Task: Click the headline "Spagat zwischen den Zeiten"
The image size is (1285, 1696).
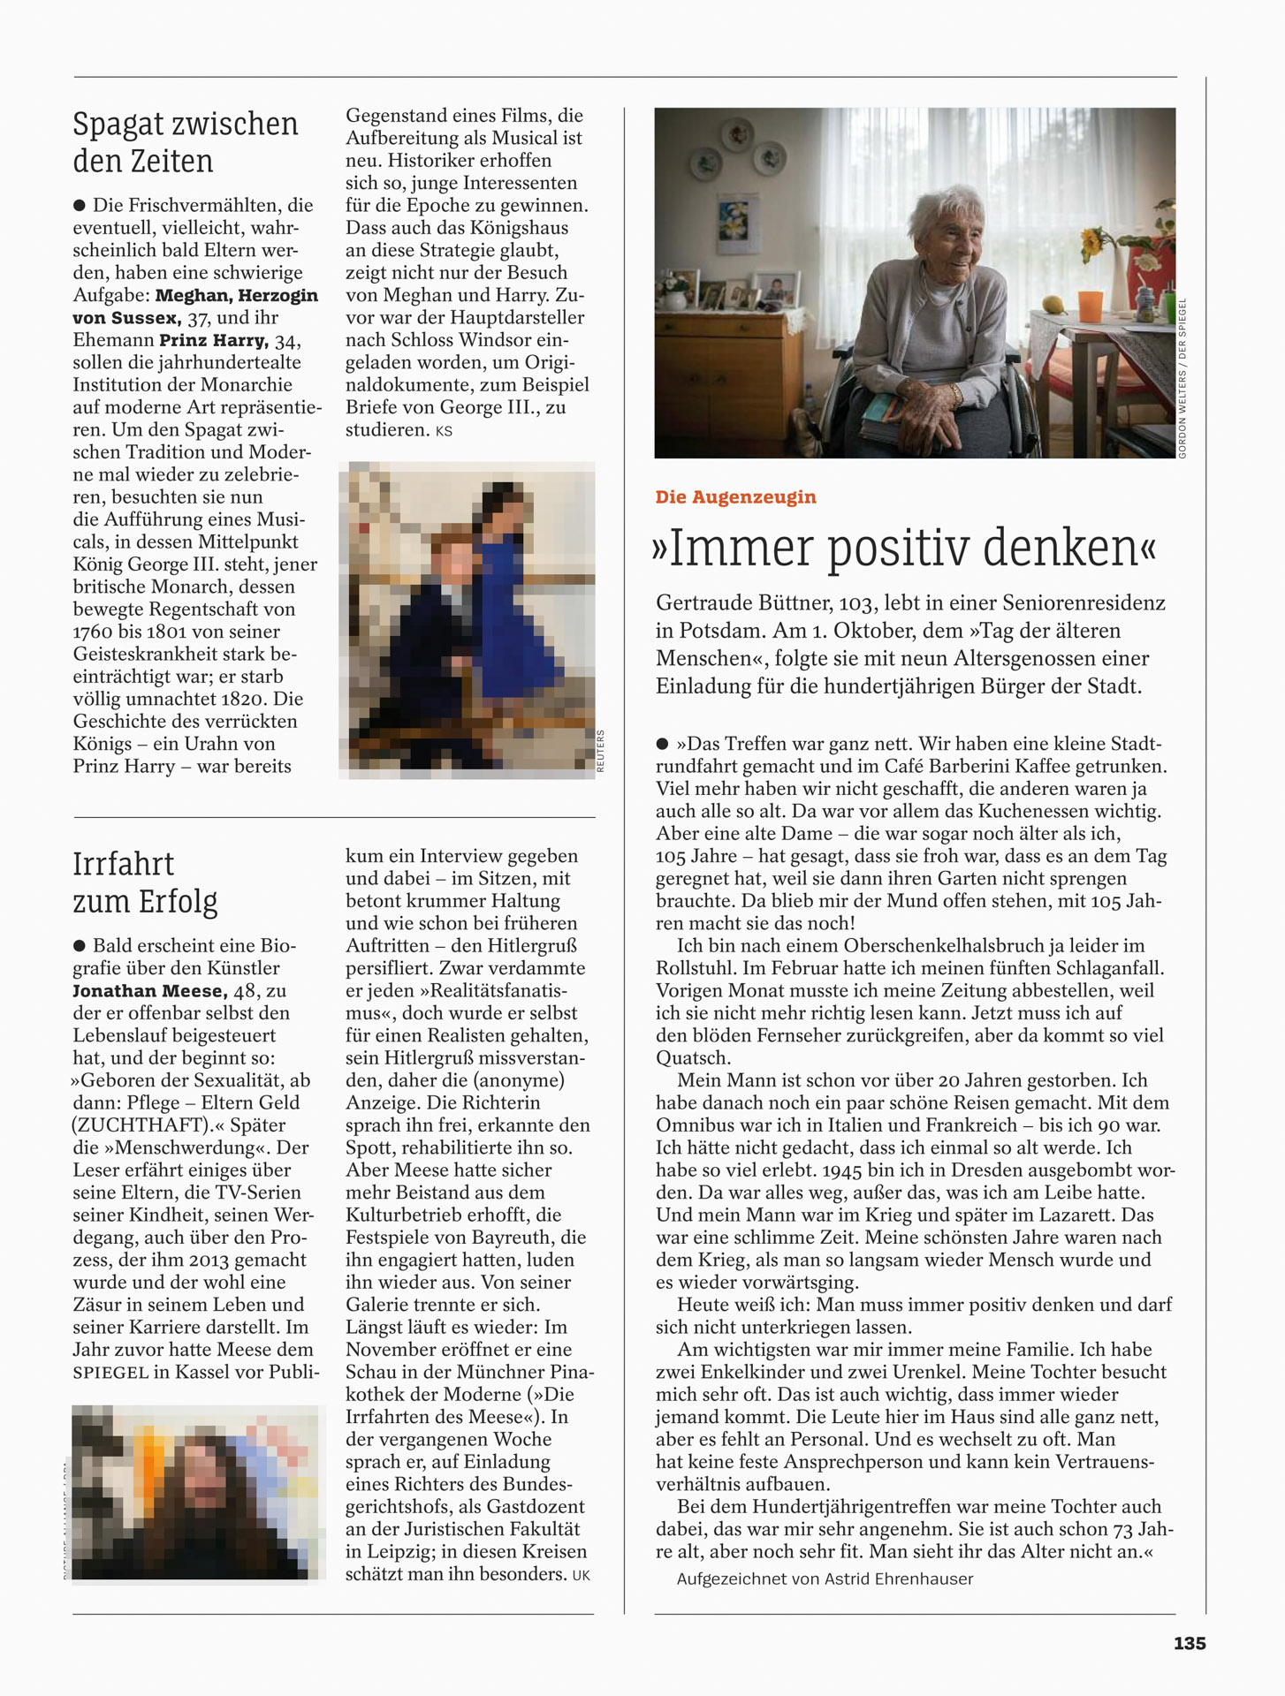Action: click(x=186, y=142)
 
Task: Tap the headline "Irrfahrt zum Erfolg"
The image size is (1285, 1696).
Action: click(x=145, y=882)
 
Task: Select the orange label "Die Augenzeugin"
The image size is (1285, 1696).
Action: click(x=735, y=497)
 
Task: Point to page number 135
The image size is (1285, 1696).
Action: click(x=1190, y=1643)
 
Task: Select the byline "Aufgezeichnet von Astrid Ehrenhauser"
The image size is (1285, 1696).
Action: click(x=825, y=1579)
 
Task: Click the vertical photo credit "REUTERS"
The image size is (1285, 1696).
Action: click(x=601, y=751)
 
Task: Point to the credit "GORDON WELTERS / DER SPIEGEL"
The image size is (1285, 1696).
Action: click(x=1182, y=378)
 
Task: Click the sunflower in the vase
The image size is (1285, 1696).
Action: click(x=1096, y=240)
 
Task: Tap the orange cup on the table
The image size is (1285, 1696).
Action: click(x=1091, y=305)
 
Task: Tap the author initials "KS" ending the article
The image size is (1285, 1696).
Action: click(x=444, y=431)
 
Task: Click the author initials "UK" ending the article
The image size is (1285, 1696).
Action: click(x=581, y=1575)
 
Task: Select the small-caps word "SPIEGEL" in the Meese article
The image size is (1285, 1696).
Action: click(x=110, y=1373)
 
